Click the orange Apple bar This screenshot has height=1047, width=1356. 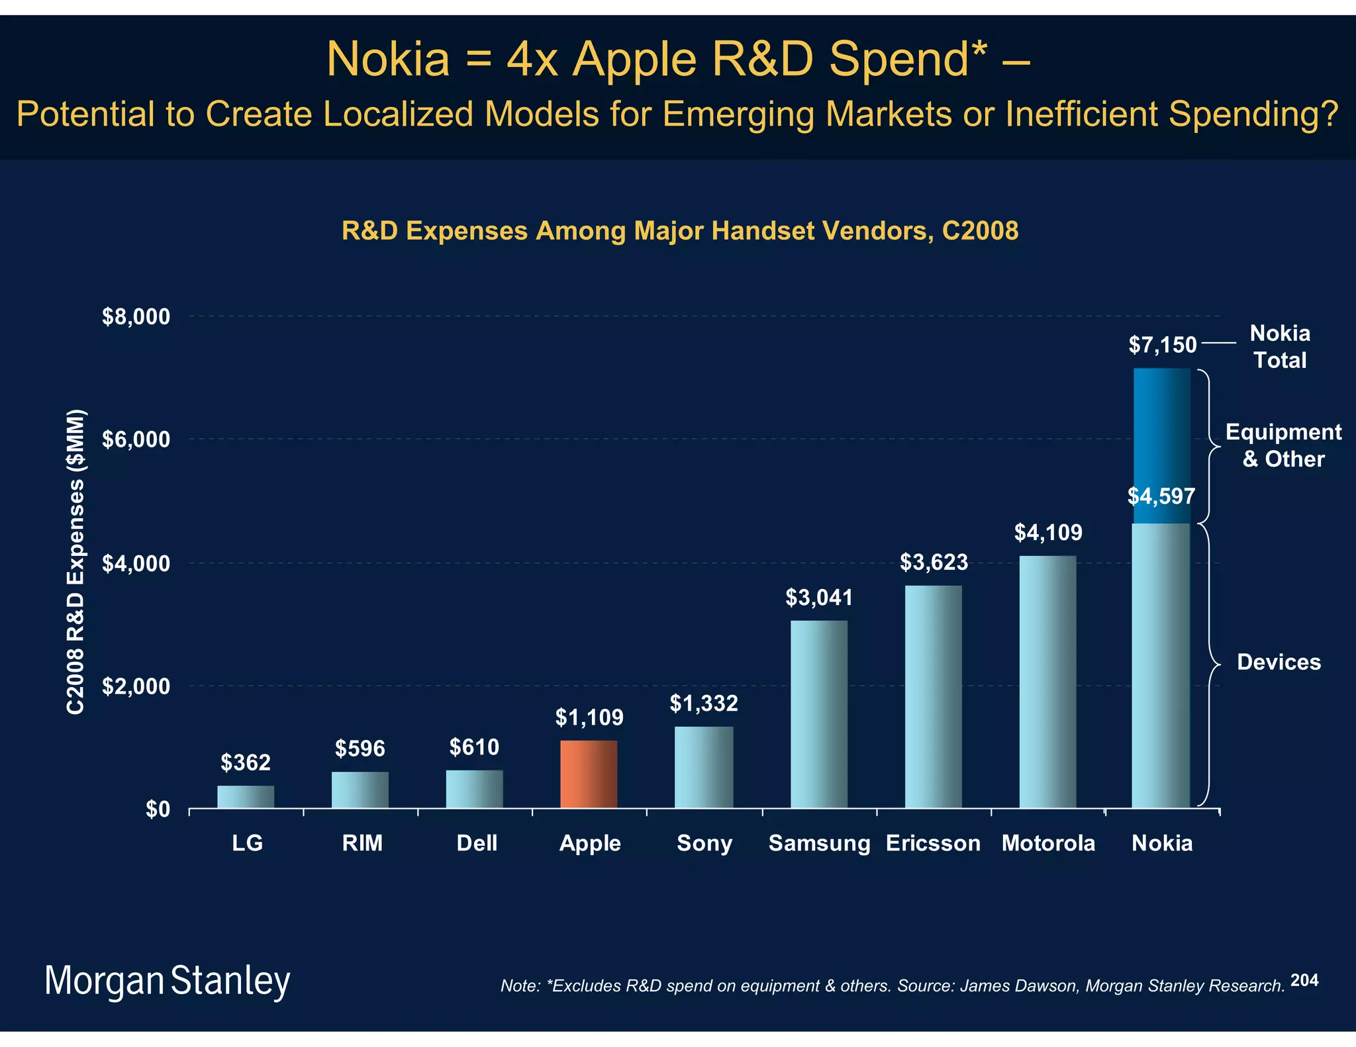(589, 774)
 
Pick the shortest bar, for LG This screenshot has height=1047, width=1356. (246, 796)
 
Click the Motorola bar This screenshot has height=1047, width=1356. (1047, 682)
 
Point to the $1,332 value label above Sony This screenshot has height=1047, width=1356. (704, 703)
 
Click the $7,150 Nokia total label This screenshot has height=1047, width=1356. (1162, 345)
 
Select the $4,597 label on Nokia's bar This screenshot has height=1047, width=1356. (1161, 496)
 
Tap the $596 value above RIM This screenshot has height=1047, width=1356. (360, 749)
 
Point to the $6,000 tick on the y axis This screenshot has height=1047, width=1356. (136, 439)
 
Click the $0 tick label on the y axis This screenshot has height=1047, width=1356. (158, 809)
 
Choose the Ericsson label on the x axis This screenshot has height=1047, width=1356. (933, 843)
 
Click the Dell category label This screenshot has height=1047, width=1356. (476, 843)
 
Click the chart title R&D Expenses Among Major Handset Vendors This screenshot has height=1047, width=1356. (679, 231)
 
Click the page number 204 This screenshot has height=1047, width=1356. (1304, 980)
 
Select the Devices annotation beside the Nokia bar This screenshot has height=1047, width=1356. (1278, 662)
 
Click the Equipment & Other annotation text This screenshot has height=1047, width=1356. (1283, 445)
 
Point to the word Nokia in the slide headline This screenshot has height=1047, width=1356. (388, 60)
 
